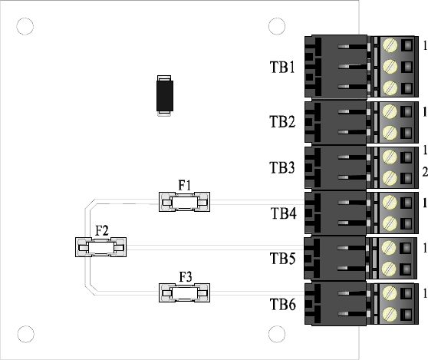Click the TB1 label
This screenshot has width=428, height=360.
(282, 67)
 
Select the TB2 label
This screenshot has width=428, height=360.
(282, 121)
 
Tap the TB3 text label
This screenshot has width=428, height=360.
(282, 167)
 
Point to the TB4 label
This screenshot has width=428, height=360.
(284, 213)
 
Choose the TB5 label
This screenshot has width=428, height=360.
(282, 259)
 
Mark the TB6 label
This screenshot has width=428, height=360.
(283, 304)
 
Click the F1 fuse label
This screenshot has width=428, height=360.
(185, 185)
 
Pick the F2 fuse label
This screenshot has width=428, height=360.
(102, 230)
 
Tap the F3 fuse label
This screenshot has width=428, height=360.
(186, 276)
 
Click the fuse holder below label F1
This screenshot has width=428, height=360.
(185, 202)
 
